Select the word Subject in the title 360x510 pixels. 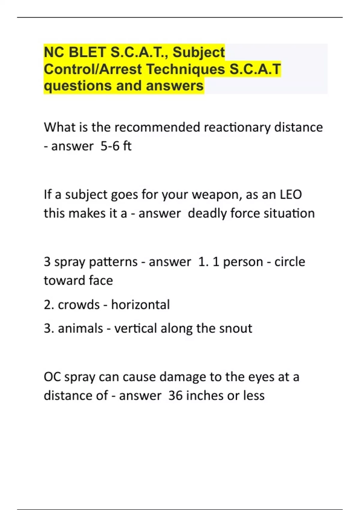[199, 52]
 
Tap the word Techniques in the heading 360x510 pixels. [186, 69]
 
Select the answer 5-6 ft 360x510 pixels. [116, 146]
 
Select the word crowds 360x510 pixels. [79, 305]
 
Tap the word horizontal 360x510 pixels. [140, 305]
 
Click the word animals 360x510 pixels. [80, 328]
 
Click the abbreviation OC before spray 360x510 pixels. [52, 377]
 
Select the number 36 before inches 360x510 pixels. [175, 395]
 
